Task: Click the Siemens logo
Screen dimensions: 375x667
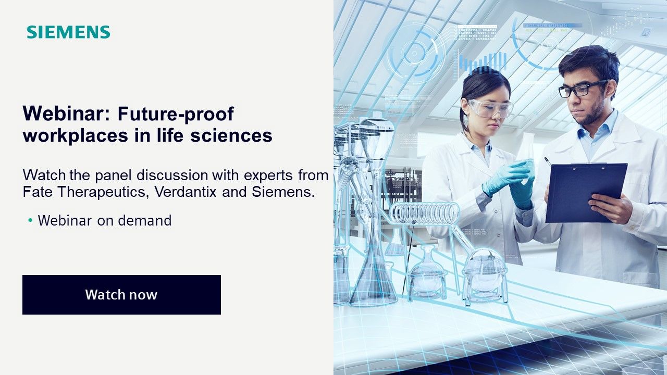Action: pyautogui.click(x=68, y=32)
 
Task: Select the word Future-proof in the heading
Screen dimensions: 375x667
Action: pyautogui.click(x=175, y=113)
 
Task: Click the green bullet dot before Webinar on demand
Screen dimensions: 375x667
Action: pyautogui.click(x=30, y=221)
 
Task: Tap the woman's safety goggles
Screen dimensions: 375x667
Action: pyautogui.click(x=490, y=108)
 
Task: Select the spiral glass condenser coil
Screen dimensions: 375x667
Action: pyautogui.click(x=425, y=213)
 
